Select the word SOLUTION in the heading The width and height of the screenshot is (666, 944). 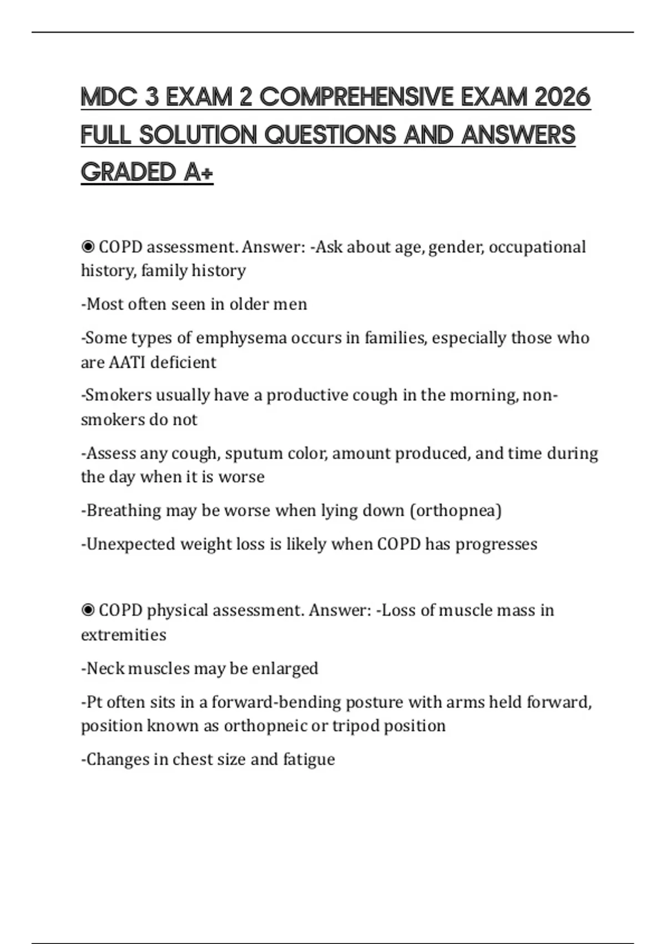198,135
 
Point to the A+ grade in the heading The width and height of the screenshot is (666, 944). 198,173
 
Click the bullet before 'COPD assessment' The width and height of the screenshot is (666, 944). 88,247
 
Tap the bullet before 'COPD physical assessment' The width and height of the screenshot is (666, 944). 88,610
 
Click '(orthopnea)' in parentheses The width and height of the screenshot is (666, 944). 456,511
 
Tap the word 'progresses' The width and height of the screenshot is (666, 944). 496,545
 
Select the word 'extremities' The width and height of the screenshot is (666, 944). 124,635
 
